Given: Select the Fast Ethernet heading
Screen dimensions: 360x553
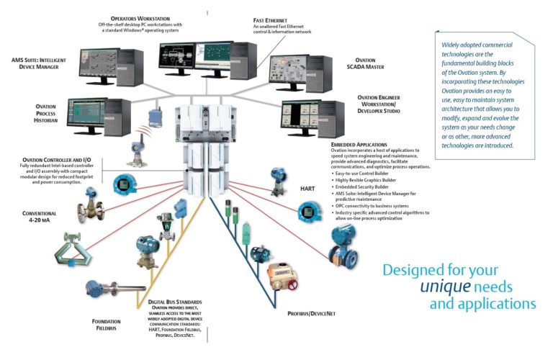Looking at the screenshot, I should pos(274,20).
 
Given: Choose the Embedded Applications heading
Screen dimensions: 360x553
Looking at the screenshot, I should pos(359,145).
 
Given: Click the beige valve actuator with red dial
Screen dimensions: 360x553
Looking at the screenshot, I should pos(282,279).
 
